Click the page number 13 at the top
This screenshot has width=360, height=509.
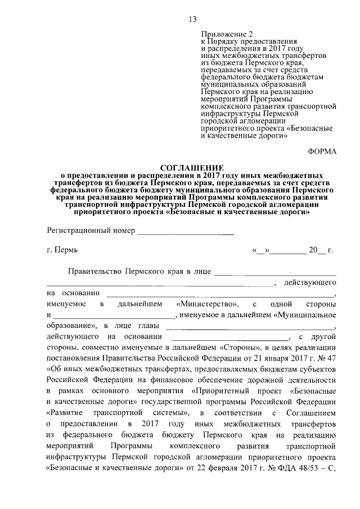[192, 20]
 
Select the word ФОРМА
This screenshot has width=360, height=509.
[322, 152]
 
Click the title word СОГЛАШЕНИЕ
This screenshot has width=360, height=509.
[192, 168]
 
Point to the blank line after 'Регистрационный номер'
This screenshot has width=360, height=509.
[186, 232]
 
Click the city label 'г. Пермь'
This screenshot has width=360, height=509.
[62, 250]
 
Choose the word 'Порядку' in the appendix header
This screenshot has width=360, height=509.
[224, 42]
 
